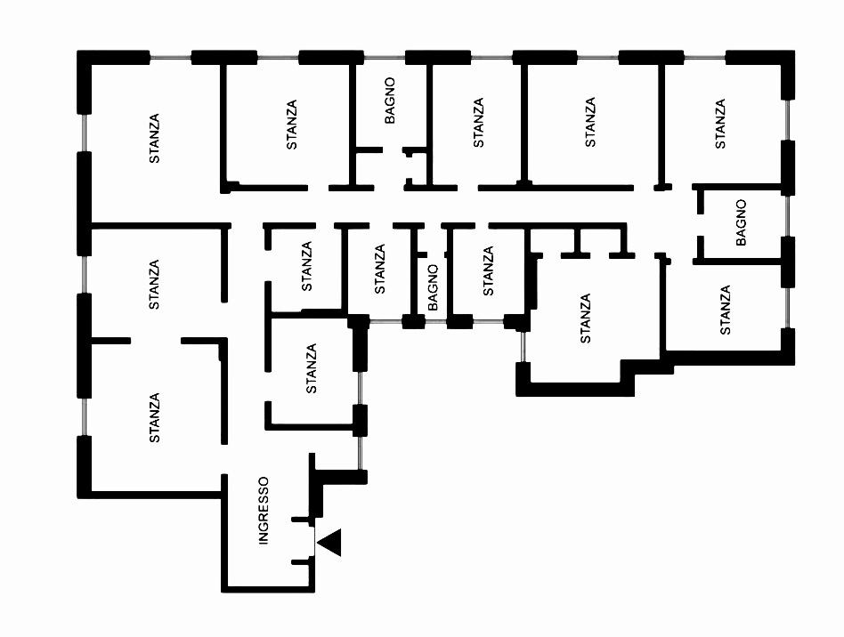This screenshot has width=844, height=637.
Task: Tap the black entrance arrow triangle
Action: pos(330,542)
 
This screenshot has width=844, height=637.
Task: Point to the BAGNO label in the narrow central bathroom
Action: pos(434,287)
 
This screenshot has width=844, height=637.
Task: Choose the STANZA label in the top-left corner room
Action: pos(155,138)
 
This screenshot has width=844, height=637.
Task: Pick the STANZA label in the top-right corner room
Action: pos(720,124)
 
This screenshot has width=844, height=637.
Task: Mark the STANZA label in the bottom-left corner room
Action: pos(155,418)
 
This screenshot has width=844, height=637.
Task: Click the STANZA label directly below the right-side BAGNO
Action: pos(725,310)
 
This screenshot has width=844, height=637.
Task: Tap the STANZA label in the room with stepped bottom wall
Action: pos(585,318)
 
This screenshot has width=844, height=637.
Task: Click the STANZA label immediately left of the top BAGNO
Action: pos(293,125)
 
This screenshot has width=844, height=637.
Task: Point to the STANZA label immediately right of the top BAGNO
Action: pos(479,123)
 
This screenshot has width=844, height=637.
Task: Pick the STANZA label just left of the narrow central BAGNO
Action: pos(380,269)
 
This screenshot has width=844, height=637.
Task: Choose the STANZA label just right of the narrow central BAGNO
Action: pos(487,270)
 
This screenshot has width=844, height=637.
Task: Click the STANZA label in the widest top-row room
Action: pos(590,123)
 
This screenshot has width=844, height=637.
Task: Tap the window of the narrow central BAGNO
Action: pos(434,321)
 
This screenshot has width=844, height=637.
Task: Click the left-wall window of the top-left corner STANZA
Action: pos(85,133)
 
